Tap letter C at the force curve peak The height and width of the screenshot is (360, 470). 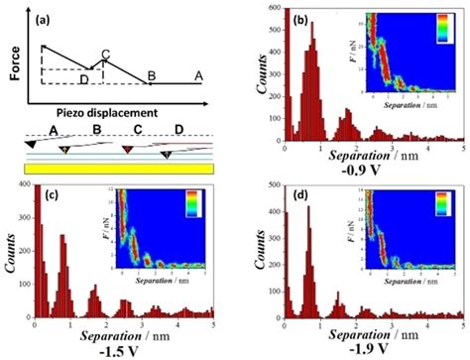(x=105, y=53)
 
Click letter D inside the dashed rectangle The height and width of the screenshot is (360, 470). (x=83, y=77)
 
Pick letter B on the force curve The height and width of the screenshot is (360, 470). (x=151, y=76)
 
